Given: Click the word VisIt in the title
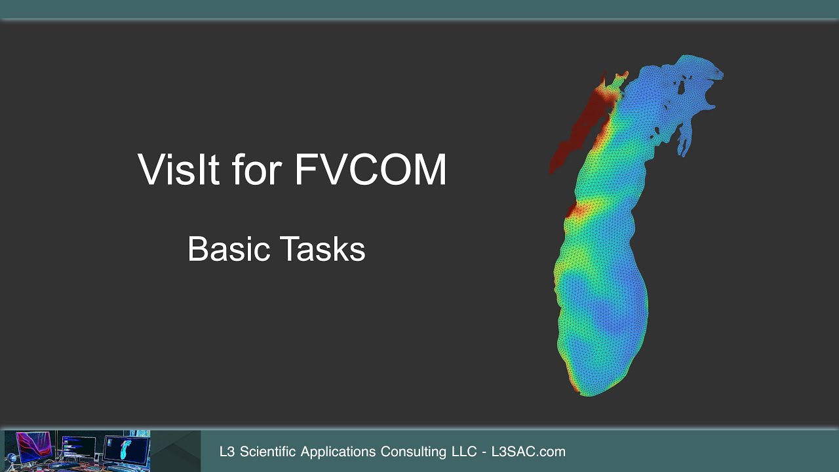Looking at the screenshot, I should (x=178, y=170).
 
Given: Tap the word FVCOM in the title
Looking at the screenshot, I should (x=370, y=170).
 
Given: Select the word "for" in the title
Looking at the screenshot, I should (x=257, y=170).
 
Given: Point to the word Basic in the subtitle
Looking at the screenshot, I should (x=229, y=249).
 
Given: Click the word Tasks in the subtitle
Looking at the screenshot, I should (x=322, y=249).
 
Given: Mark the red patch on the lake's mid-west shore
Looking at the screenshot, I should (x=571, y=210).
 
